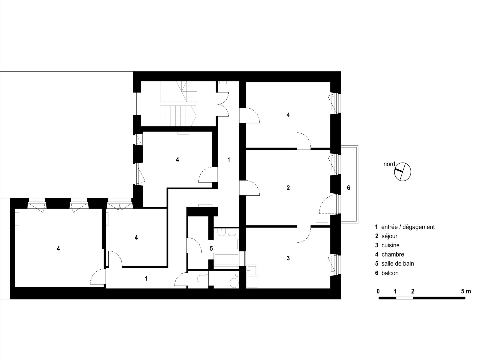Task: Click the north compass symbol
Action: coord(403,172)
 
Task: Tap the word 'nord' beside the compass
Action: coord(389,164)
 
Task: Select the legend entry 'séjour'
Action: coord(389,236)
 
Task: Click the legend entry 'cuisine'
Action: coord(391,245)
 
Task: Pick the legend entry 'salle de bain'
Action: coord(398,264)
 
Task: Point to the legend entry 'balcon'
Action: coord(390,273)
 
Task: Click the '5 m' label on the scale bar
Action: coord(466,291)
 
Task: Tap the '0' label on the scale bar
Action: coord(378,291)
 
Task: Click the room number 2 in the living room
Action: coord(288,188)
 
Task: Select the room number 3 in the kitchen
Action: coord(288,258)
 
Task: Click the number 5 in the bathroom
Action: coord(211,248)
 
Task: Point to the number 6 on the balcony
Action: coord(349,188)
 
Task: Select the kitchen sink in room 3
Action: coord(252,270)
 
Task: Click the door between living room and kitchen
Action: coord(304,234)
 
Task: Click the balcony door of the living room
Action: coord(328,204)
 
